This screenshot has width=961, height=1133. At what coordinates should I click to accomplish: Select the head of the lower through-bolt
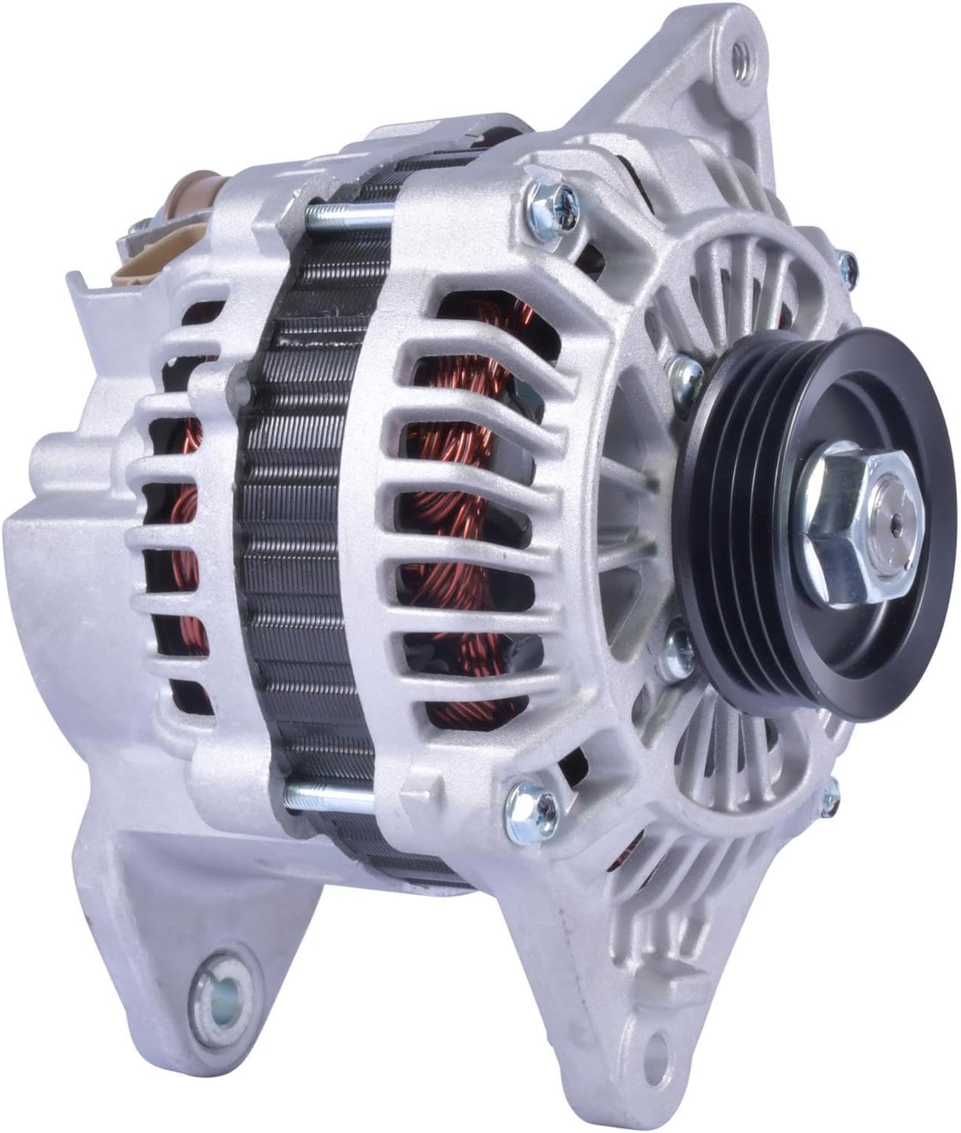(524, 799)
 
